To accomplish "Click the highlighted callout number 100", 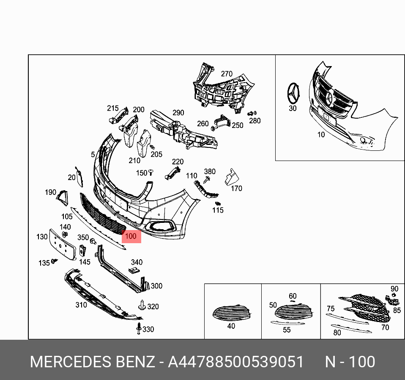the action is coord(131,236).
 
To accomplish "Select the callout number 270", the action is coord(227,74).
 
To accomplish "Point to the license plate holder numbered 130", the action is coord(63,244).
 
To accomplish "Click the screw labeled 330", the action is coord(139,328).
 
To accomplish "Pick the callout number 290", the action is coord(178,113).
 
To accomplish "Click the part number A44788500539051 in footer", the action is coord(236,362).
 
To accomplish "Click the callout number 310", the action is coord(81,305).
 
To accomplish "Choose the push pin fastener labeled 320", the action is coord(142,305).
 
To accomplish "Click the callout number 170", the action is coord(236,188).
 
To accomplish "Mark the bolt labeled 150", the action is coord(151,172).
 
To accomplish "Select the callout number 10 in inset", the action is coord(321,134).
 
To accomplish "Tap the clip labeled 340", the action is coord(134,270).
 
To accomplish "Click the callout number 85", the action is coord(397,310).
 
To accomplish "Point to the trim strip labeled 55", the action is coord(287,323).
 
